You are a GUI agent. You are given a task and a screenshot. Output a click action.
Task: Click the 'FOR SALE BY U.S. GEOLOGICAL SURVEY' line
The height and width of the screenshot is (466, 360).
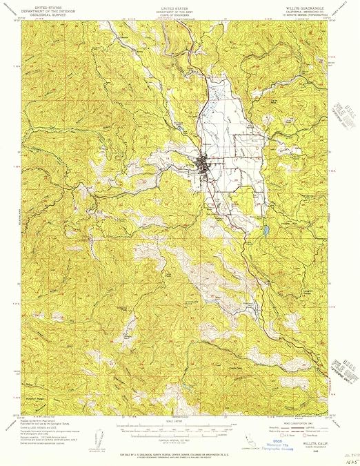[x=181, y=453]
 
